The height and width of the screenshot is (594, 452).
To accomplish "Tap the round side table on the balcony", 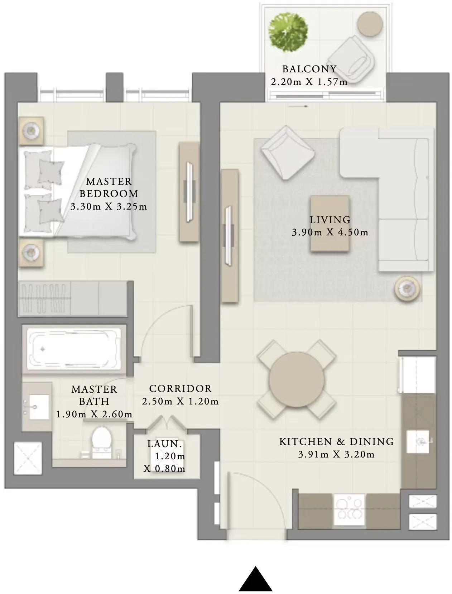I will pos(370,24).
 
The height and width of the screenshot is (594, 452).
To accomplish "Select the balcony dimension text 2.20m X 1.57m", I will pos(309,82).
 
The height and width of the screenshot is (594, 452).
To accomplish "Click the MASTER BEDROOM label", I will pos(109,187).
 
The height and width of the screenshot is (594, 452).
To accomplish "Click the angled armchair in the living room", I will pos(287,152).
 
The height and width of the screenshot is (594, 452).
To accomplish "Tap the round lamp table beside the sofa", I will pos(407,288).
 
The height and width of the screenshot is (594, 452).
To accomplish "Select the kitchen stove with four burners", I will pos(349,511).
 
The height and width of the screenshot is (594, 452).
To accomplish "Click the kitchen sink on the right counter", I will pos(419,441).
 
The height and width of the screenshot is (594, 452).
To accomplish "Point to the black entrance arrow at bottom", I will pos(255,580).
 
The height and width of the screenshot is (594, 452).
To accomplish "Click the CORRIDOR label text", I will pos(180,389).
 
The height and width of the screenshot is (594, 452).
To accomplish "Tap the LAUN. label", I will pos(164,444).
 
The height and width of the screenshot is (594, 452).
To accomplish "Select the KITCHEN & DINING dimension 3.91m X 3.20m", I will pos(336,455).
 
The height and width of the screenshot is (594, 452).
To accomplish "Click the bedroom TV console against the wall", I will pos(189,192).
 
